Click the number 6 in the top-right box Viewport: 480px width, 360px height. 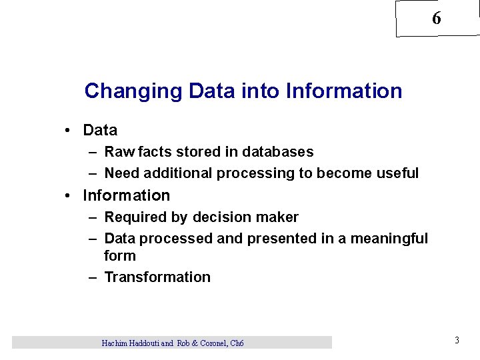coord(436,19)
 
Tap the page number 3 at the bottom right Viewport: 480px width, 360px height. coord(457,341)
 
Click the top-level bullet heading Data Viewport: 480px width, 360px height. coord(100,130)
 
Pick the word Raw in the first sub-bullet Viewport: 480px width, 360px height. coord(119,152)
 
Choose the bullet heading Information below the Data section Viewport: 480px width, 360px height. coord(126,195)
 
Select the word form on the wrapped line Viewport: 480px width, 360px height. coord(120,256)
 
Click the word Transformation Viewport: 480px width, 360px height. coord(157,277)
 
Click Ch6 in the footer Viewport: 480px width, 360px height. coord(236,343)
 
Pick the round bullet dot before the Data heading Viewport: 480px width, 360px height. coord(69,131)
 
